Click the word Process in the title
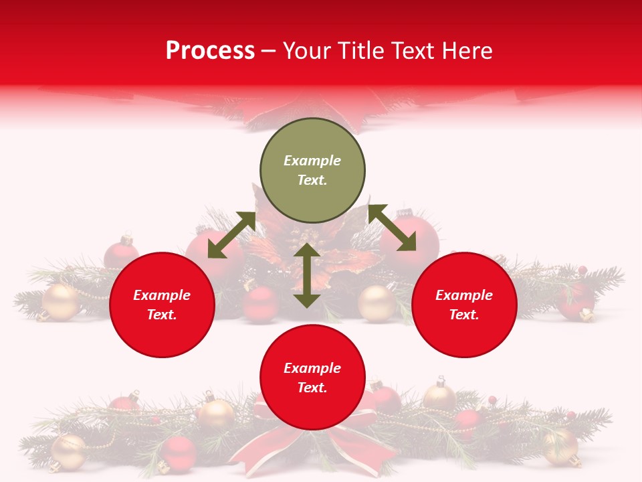pos(210,51)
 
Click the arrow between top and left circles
pos(231,235)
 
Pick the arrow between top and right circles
pos(393,228)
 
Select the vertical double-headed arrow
pos(307,275)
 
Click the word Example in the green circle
pos(312,161)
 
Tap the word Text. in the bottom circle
pos(312,388)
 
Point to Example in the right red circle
pos(464,295)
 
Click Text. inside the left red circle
pos(162,315)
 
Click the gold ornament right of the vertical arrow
pos(377,303)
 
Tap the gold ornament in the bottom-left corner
pos(68,452)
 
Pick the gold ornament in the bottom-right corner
pos(560,446)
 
